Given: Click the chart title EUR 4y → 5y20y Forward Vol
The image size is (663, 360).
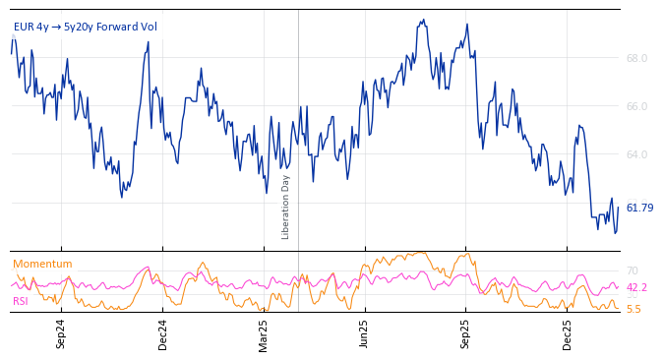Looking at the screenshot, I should (x=85, y=27).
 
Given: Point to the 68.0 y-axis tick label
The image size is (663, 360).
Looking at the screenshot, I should (x=636, y=58).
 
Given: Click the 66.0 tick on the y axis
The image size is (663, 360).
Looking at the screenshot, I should (x=636, y=106).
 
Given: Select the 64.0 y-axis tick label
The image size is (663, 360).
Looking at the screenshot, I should (x=636, y=154).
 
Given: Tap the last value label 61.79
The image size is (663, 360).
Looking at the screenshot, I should (x=639, y=208).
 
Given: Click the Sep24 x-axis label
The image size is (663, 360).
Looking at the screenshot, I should (x=61, y=333).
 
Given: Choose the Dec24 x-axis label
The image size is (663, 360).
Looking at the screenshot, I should (x=162, y=333).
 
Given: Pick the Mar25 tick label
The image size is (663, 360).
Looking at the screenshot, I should (x=264, y=333).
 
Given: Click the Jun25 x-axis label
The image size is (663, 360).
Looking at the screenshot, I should (x=364, y=333).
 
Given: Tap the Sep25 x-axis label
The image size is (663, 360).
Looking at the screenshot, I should (x=465, y=333).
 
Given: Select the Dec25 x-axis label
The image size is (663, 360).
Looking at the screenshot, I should (x=567, y=333).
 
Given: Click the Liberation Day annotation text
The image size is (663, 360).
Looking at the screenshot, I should (x=286, y=207).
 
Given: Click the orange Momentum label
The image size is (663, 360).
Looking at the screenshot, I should (x=42, y=264).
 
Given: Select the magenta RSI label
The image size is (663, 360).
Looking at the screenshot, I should (x=20, y=301).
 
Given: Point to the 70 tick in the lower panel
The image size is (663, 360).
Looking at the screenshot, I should (x=633, y=270).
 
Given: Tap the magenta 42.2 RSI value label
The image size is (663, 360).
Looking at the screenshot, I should (x=636, y=287).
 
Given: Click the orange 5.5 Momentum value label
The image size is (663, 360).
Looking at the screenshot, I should (x=633, y=309).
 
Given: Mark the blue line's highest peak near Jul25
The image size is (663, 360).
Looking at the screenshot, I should (x=423, y=20).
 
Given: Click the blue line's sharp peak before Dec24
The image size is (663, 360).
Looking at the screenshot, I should (x=149, y=41).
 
